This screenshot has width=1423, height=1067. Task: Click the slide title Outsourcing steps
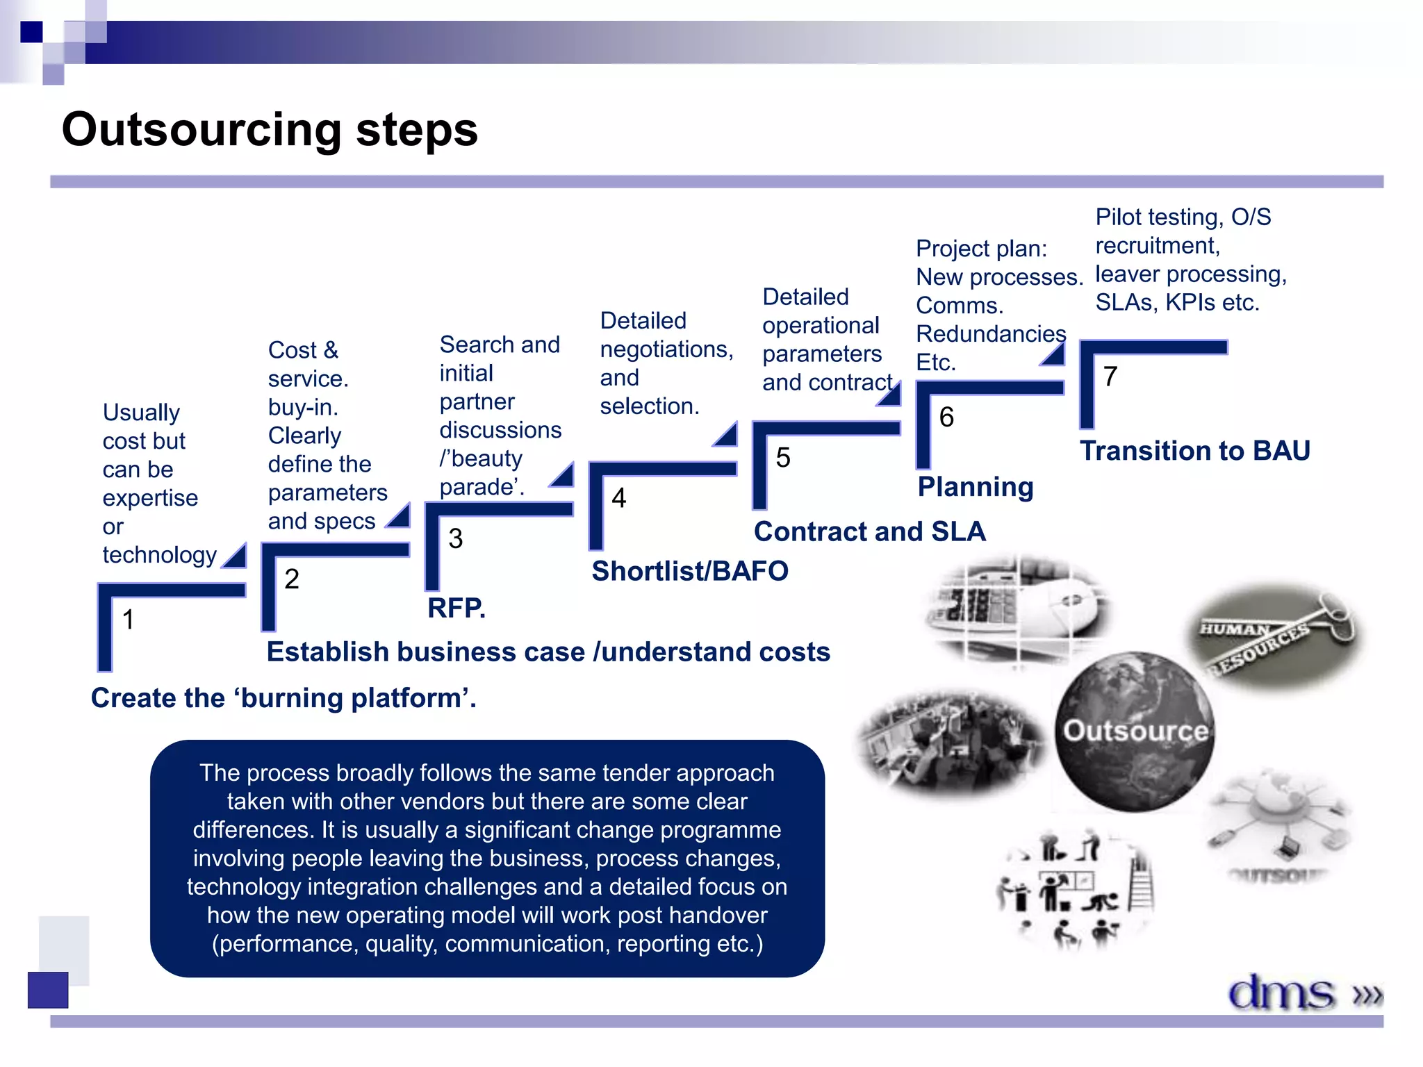coord(270,130)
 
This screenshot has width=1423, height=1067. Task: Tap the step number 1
coord(128,619)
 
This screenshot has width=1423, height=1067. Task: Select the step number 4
coord(618,498)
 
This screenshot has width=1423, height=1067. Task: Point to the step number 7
coord(1110,377)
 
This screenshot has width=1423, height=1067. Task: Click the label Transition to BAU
coord(1194,451)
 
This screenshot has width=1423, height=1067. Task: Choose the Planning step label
coord(975,487)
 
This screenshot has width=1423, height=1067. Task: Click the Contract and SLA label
coord(869,531)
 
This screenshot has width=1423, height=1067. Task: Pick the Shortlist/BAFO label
coord(689,571)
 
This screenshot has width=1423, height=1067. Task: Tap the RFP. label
coord(456,608)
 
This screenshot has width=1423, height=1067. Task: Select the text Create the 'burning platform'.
coord(283,697)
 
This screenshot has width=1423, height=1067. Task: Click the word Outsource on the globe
coord(1135,731)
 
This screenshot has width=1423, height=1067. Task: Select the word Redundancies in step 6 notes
coord(991,334)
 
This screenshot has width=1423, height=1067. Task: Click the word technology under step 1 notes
coord(159,555)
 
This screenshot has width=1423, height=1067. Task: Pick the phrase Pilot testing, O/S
coord(1183,217)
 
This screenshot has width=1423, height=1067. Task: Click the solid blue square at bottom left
coord(48,989)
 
